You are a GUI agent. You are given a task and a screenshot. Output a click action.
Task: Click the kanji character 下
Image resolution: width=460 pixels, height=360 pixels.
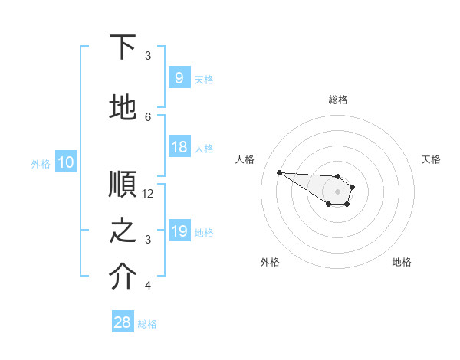[x=123, y=47]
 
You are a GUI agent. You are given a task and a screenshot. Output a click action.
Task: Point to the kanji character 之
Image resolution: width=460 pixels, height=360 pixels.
[x=123, y=232]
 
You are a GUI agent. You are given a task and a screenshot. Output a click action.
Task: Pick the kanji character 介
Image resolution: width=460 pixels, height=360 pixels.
[x=123, y=278]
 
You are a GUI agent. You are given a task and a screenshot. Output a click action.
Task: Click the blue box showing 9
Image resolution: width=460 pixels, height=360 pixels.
[x=179, y=78]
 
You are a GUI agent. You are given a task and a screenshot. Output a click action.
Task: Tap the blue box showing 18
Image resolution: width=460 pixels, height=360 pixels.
[x=179, y=147]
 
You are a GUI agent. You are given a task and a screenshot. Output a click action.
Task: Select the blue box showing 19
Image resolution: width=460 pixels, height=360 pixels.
[x=179, y=231]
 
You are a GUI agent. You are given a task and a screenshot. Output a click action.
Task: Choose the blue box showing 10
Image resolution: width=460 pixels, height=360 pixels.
[x=65, y=162]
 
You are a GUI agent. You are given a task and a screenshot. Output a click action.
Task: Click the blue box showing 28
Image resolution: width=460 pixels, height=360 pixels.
[x=123, y=322]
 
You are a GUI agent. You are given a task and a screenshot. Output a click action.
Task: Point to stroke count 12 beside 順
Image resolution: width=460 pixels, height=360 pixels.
[x=148, y=194]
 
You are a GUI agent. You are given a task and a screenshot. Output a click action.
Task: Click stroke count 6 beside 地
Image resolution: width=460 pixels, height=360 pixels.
[x=148, y=116]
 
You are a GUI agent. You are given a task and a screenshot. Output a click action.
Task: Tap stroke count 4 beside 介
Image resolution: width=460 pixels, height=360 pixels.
[x=148, y=286]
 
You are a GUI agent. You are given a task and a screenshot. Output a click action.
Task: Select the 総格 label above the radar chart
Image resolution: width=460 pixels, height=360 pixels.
[x=338, y=100]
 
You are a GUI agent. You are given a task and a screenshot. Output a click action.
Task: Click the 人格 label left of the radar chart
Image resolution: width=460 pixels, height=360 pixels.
[x=245, y=159]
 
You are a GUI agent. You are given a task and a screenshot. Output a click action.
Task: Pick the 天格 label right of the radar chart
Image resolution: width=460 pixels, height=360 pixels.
[x=431, y=159]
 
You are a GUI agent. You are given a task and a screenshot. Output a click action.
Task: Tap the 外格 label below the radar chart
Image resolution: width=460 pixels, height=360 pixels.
[x=270, y=262]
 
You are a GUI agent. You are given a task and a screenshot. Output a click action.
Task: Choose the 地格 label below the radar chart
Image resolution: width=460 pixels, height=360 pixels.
[x=402, y=262]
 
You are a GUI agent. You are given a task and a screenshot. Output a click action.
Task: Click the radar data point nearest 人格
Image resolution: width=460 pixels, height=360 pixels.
[x=279, y=172]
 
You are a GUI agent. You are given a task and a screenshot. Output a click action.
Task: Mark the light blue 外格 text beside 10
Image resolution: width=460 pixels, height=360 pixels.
[x=41, y=163]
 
